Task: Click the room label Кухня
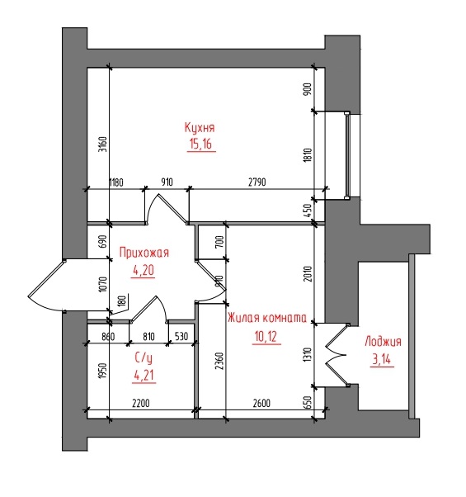(x=200, y=127)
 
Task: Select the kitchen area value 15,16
(x=200, y=144)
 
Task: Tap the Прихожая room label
(x=144, y=253)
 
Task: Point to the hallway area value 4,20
(x=144, y=270)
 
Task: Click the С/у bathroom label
(x=144, y=358)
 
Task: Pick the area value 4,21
(x=144, y=376)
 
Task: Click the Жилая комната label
(x=267, y=318)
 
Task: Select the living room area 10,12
(x=266, y=336)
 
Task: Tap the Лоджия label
(x=383, y=342)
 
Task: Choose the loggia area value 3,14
(x=382, y=359)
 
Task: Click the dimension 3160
(x=103, y=144)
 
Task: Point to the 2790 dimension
(x=257, y=182)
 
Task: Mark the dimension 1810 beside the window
(x=308, y=155)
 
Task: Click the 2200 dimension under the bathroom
(x=141, y=404)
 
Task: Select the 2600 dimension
(x=261, y=403)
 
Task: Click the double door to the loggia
(x=337, y=355)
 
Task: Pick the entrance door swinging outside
(x=48, y=286)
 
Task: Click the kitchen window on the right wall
(x=347, y=155)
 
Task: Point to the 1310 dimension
(x=308, y=354)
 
